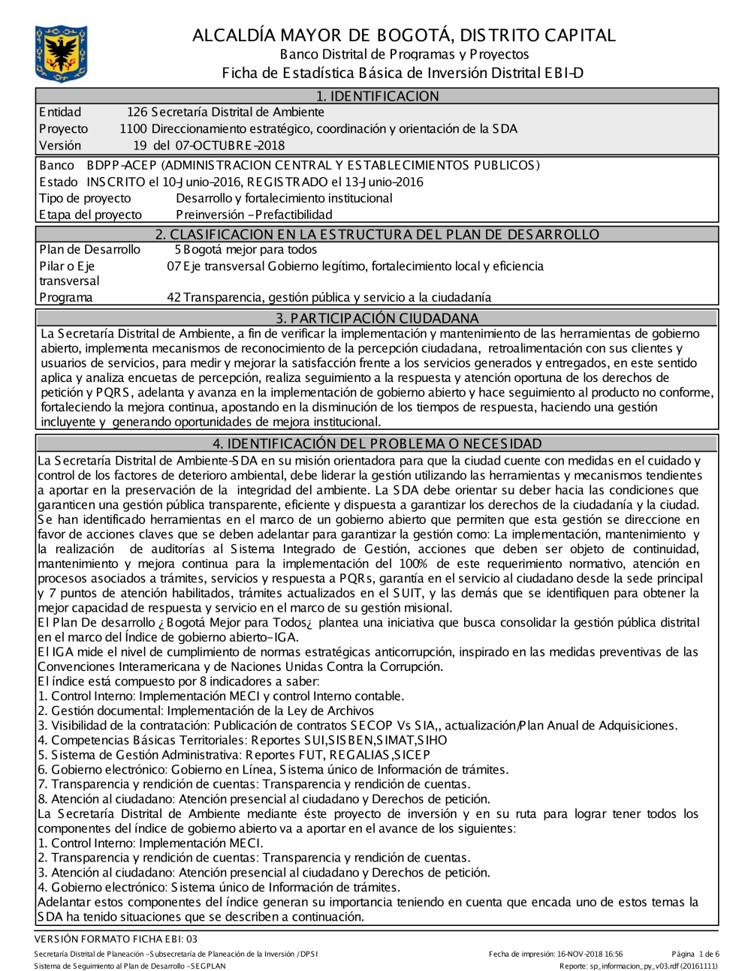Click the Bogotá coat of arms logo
pyautogui.click(x=61, y=53)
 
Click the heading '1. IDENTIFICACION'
pyautogui.click(x=377, y=96)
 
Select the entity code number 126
pyautogui.click(x=137, y=113)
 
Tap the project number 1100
pyautogui.click(x=134, y=129)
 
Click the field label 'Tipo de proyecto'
pyautogui.click(x=85, y=198)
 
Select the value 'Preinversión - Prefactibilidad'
pyautogui.click(x=254, y=215)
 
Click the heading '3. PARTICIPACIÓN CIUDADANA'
pyautogui.click(x=377, y=318)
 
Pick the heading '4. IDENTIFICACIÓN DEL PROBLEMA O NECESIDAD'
pyautogui.click(x=377, y=443)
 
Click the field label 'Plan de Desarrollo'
pyautogui.click(x=89, y=249)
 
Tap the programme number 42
pyautogui.click(x=173, y=297)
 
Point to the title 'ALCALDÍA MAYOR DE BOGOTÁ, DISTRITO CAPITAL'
pyautogui.click(x=403, y=35)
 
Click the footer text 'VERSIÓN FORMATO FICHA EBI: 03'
pyautogui.click(x=116, y=939)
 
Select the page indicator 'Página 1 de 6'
pyautogui.click(x=695, y=954)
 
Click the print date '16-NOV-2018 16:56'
pyautogui.click(x=590, y=954)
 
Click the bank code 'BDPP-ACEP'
pyautogui.click(x=122, y=165)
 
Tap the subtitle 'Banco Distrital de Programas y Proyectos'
pyautogui.click(x=404, y=55)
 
